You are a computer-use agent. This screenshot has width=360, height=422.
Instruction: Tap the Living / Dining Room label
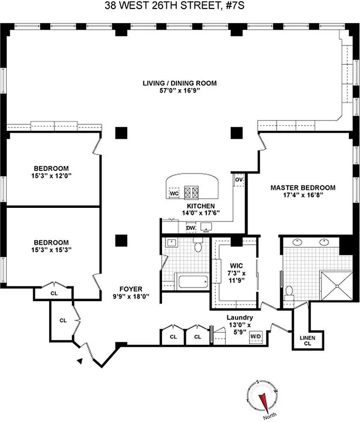(179, 83)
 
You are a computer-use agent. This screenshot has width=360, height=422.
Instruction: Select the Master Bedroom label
(303, 187)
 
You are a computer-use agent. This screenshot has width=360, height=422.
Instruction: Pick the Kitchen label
(201, 206)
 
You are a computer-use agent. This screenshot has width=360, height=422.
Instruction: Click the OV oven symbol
(239, 180)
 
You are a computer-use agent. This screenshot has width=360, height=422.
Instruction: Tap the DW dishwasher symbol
(191, 227)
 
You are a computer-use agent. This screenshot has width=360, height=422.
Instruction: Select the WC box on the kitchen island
(174, 194)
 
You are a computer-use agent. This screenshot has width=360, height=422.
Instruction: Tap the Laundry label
(240, 318)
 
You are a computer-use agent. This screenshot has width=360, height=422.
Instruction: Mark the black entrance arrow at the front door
(80, 361)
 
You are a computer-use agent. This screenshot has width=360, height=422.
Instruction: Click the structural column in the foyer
(121, 240)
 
